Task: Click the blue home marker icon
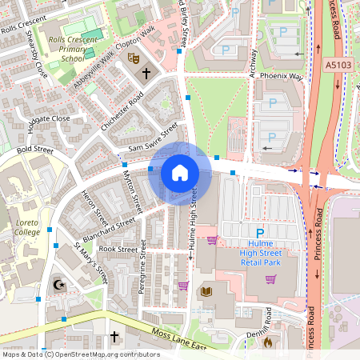[x=180, y=173]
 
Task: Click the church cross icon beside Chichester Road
[x=146, y=74]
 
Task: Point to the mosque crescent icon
[x=57, y=284]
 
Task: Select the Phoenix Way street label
[x=286, y=77]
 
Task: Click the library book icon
[x=206, y=291]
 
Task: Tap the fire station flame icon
[x=267, y=342]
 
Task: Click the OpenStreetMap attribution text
[x=81, y=354]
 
